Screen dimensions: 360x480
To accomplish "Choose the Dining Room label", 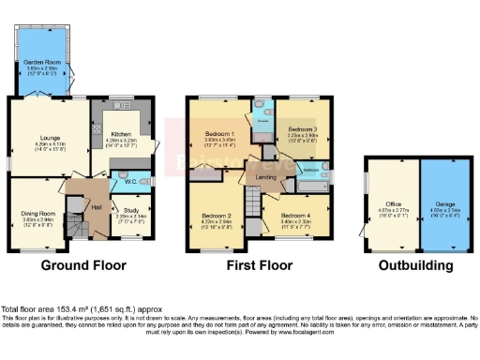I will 35,214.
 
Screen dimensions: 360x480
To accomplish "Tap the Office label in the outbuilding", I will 392,203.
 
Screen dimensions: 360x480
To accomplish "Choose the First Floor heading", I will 258,266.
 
